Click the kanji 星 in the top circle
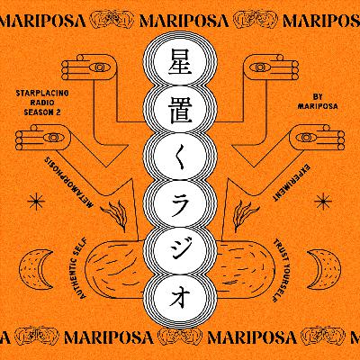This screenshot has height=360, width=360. tap(180, 62)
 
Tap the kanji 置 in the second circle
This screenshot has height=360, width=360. tap(180, 110)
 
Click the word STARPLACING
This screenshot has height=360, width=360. tap(42, 93)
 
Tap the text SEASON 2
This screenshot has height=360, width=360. tap(42, 112)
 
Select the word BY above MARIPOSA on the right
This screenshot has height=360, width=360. tap(318, 96)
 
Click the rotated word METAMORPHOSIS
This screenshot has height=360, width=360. tap(68, 182)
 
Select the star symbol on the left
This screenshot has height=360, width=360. tap(36, 201)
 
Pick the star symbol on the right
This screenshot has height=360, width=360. tap(324, 201)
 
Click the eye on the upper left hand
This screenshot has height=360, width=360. tap(99, 67)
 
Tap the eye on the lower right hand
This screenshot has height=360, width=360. tap(305, 138)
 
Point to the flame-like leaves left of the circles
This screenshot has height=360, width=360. tap(114, 214)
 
